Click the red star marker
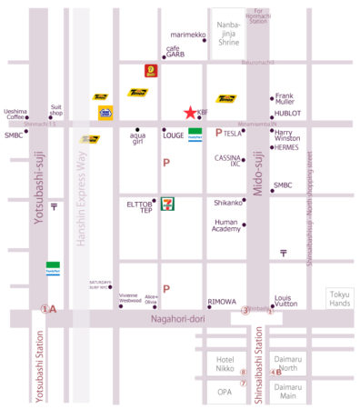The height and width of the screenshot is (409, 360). coord(190,113)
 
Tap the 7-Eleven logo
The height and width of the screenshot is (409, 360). coord(168,204)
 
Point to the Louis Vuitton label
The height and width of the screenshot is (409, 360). coord(286,302)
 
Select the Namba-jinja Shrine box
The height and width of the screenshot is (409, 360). coord(230,36)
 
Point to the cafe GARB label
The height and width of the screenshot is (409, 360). coord(175,51)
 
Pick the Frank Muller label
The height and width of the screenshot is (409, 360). coord(285,98)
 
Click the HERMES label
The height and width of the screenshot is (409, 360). coord(285,147)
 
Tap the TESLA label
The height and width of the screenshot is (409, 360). coord(233,134)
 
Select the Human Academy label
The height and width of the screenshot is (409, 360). coord(226,225)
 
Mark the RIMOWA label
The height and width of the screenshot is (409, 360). coord(222,302)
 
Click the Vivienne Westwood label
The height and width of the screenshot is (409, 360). coord(128,298)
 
